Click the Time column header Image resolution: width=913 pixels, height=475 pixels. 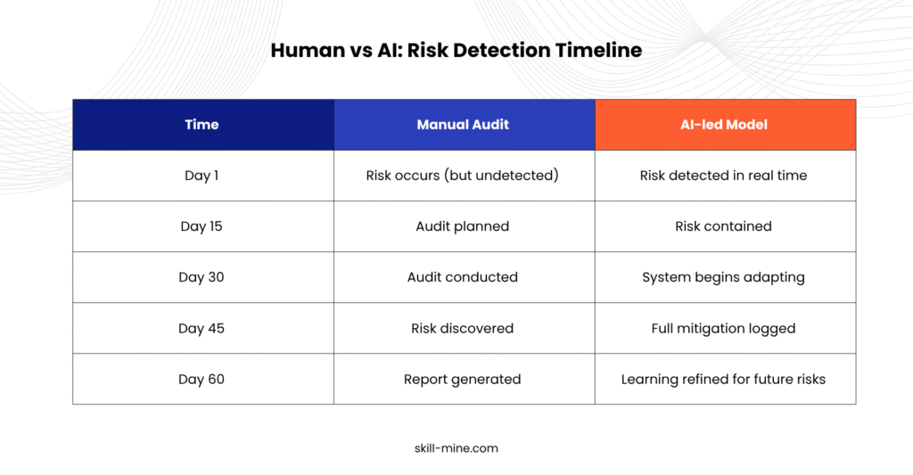(202, 125)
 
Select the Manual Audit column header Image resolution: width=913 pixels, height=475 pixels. (463, 125)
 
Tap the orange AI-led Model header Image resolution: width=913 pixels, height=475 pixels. (724, 125)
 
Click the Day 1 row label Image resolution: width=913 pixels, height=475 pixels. (202, 176)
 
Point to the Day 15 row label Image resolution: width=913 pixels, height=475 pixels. (202, 225)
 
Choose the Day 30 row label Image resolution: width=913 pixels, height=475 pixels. (202, 277)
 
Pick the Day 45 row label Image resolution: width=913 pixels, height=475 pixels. (202, 328)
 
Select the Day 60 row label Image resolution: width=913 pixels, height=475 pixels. (202, 379)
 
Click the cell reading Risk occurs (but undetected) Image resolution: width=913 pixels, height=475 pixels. (463, 176)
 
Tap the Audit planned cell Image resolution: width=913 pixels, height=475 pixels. (463, 226)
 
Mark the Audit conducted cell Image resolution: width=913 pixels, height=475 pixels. (463, 277)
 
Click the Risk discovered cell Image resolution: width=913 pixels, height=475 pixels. (463, 328)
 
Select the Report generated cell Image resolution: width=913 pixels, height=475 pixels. (463, 380)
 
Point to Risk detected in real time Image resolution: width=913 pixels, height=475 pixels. (723, 176)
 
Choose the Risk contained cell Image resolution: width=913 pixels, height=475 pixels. (723, 225)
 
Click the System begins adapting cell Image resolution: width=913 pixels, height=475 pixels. (723, 278)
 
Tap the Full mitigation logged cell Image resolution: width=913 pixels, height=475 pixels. (723, 329)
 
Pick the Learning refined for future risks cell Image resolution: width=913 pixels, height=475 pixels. (723, 380)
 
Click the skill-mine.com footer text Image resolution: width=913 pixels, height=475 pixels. (456, 448)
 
